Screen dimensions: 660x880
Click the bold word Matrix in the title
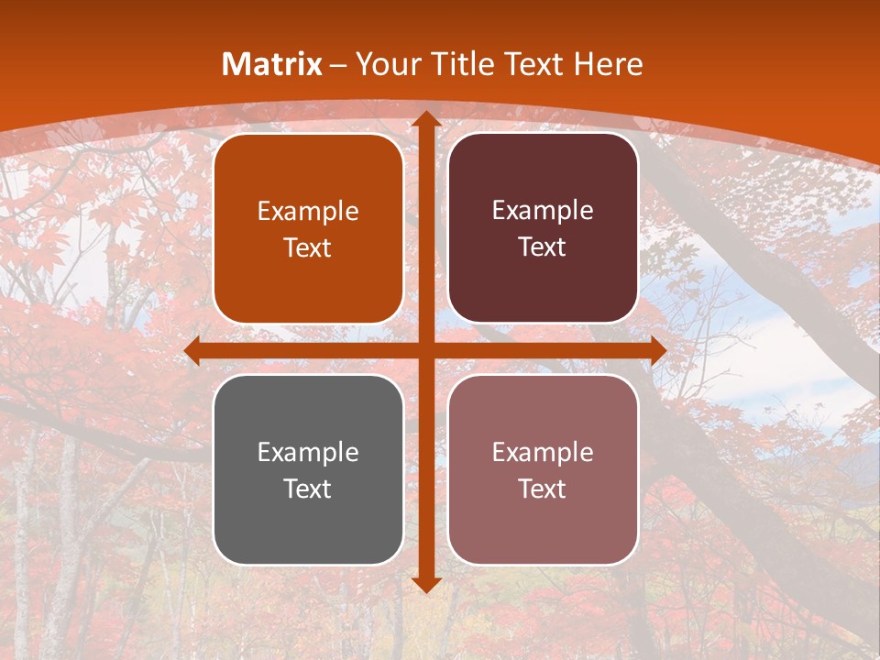272,64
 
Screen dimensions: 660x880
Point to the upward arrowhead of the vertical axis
426,119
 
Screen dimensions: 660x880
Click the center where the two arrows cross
426,351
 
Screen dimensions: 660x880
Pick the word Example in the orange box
308,212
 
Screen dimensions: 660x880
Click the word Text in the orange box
308,248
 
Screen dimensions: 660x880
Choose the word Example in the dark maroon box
543,211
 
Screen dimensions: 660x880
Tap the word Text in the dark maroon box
543,247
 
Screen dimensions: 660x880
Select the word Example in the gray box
308,452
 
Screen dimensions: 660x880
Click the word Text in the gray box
308,489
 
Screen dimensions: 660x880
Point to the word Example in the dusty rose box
543,452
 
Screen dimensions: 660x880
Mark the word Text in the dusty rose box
543,489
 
